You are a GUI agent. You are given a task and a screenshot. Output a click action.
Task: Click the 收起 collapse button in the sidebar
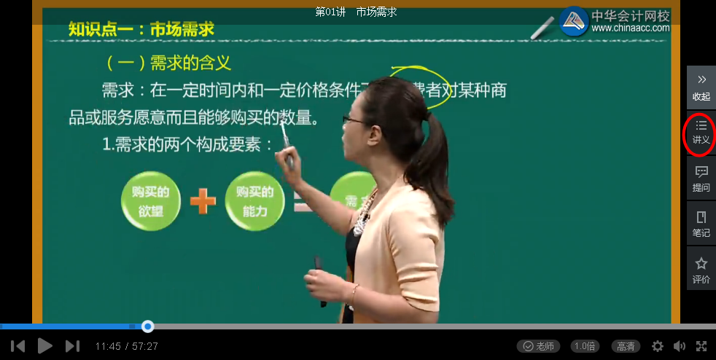point(701,87)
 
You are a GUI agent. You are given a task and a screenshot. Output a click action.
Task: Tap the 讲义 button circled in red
point(701,133)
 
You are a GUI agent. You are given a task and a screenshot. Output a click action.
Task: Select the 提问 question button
point(701,179)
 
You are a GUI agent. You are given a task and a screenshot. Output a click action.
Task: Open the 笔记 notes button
point(701,224)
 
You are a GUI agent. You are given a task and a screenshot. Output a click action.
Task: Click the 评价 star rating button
point(701,270)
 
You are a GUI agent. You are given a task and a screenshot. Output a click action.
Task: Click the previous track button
point(18,346)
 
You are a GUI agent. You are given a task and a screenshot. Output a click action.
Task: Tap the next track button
point(72,346)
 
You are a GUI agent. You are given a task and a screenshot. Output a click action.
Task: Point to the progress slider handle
point(148,326)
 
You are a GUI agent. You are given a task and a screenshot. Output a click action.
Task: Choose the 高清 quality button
point(625,346)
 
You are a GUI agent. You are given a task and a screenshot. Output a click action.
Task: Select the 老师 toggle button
point(539,346)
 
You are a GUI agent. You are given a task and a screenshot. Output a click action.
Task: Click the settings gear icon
point(658,346)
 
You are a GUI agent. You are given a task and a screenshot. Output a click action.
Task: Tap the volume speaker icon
point(680,346)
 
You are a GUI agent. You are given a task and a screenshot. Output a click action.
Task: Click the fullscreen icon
point(701,346)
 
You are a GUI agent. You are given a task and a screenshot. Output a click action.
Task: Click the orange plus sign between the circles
point(203,201)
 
